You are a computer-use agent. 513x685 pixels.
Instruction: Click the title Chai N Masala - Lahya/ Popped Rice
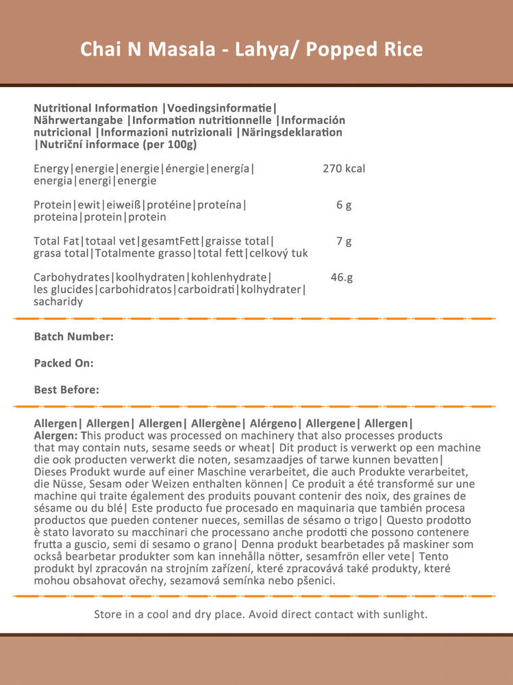251,49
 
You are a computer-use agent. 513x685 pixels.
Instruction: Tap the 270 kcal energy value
344,169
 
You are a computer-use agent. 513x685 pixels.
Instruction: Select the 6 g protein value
344,205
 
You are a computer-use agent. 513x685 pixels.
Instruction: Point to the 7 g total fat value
344,241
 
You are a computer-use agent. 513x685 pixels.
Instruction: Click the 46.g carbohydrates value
341,277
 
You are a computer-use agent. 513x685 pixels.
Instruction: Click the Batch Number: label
74,336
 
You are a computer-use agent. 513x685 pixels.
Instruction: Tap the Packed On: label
64,363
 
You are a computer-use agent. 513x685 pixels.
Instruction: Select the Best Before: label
66,390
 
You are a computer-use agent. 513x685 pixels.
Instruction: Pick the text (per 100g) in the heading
169,145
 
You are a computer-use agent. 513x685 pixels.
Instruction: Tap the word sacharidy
58,301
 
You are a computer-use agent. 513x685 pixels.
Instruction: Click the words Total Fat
57,241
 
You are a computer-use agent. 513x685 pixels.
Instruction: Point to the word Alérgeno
273,424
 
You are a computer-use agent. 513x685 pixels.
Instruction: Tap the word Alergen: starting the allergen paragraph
56,436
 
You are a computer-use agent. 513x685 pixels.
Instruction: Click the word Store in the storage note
108,614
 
